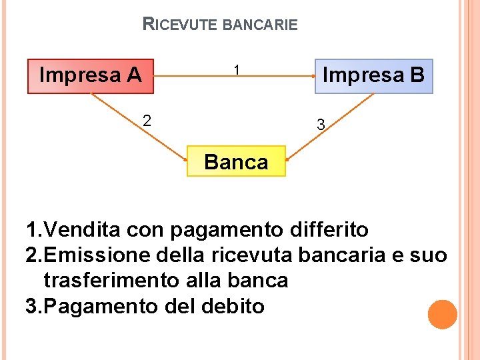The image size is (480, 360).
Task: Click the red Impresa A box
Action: point(91,75)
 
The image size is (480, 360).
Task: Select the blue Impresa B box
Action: point(373,75)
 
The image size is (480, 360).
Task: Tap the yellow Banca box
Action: point(236,161)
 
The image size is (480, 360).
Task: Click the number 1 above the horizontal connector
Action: point(237,69)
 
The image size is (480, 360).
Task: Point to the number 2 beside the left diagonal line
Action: point(147,121)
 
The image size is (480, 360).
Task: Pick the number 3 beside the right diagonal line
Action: point(321,125)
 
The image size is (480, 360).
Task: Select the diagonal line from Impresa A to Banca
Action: point(138,127)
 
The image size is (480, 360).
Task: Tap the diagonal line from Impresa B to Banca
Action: point(330,127)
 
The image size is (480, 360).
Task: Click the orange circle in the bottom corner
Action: point(443,314)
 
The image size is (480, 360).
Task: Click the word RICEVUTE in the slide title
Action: point(180,25)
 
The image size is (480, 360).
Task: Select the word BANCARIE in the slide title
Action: point(260,25)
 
